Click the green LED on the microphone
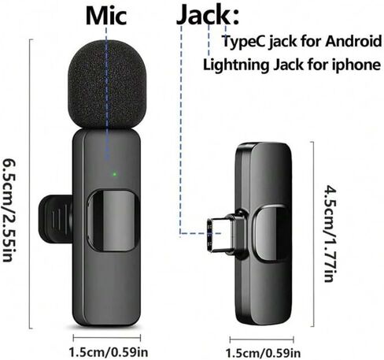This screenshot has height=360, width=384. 114,174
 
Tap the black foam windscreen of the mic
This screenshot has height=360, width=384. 106,84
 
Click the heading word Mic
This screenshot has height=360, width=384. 106,15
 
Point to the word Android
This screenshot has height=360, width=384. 353,41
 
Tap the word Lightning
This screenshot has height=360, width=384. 236,65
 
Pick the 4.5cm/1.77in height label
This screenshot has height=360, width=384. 330,233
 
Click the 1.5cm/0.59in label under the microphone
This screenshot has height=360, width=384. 108,352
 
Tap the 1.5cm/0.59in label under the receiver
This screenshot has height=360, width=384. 263,353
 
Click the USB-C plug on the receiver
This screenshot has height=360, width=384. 223,235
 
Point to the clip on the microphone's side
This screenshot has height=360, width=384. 56,219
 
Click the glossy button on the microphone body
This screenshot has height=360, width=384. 113,221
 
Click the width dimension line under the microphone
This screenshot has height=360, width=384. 107,338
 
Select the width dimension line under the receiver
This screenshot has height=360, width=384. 261,340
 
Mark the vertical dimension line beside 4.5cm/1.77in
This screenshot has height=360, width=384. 313,234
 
